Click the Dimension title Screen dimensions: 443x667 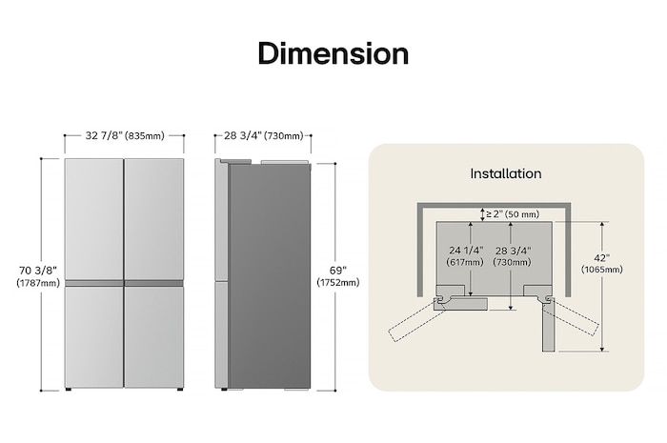pyautogui.click(x=333, y=53)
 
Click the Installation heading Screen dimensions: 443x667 pyautogui.click(x=506, y=173)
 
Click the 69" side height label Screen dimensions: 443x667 pyautogui.click(x=338, y=270)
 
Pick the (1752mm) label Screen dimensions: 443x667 pyautogui.click(x=338, y=283)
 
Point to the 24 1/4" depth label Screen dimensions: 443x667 pyautogui.click(x=467, y=250)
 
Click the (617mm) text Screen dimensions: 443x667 pyautogui.click(x=467, y=262)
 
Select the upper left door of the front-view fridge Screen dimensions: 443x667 pyautogui.click(x=93, y=219)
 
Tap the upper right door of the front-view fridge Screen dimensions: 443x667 pyautogui.click(x=153, y=219)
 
